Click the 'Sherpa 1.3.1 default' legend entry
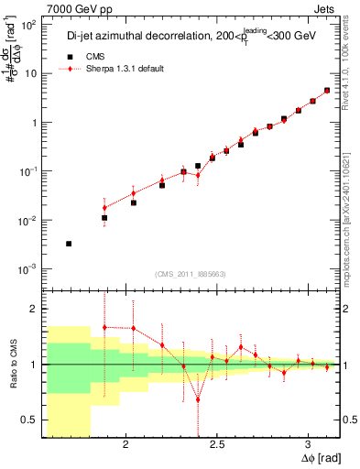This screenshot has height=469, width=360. click(115, 70)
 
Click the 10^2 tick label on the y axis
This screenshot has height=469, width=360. click(27, 25)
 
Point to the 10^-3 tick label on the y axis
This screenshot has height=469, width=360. click(27, 269)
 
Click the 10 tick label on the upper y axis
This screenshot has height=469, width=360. click(29, 74)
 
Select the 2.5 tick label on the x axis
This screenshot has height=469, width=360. click(217, 445)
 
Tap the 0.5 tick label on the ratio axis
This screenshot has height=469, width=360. click(29, 420)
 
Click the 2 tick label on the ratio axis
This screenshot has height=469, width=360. click(35, 309)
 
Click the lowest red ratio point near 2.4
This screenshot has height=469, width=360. click(198, 399)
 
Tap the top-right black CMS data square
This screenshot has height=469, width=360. click(327, 91)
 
